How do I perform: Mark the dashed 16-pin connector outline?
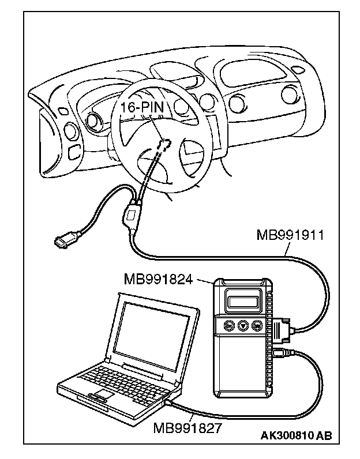click(x=166, y=144)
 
